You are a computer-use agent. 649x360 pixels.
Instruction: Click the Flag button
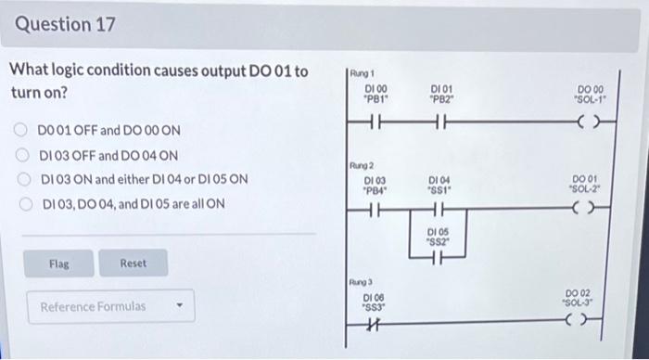58,264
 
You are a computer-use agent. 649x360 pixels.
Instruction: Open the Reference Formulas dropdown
105,306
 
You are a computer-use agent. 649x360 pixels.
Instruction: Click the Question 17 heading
66,25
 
